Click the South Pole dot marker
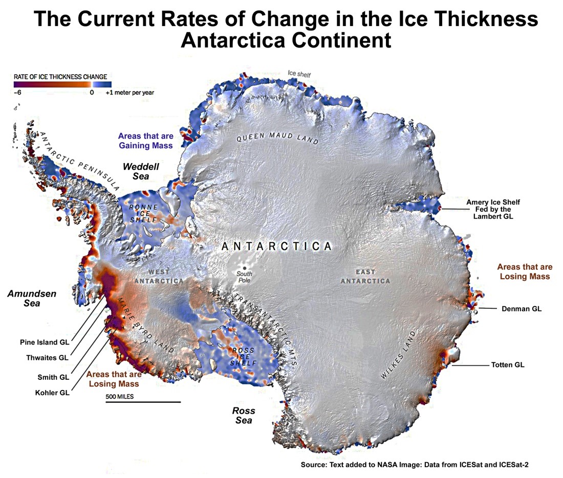245,268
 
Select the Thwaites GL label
47,358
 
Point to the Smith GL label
53,377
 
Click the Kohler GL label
52,393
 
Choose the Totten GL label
508,365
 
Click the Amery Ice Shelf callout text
489,210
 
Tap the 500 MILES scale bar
143,402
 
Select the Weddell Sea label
141,171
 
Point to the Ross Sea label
244,415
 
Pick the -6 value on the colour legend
17,93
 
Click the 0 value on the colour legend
92,93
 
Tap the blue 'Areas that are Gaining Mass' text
145,141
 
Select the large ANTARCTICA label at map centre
277,246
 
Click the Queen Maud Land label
277,138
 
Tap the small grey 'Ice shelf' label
299,75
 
